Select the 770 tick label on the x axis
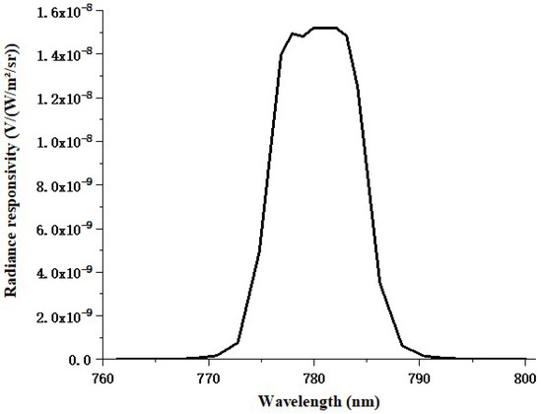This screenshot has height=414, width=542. pyautogui.click(x=208, y=378)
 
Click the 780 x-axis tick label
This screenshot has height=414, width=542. pyautogui.click(x=313, y=378)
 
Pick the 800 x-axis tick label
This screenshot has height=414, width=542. pyautogui.click(x=524, y=378)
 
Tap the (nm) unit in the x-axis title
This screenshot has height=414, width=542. pyautogui.click(x=352, y=401)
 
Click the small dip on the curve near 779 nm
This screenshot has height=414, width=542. pyautogui.click(x=304, y=36)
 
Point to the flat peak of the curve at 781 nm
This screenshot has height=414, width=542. pyautogui.click(x=325, y=28)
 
